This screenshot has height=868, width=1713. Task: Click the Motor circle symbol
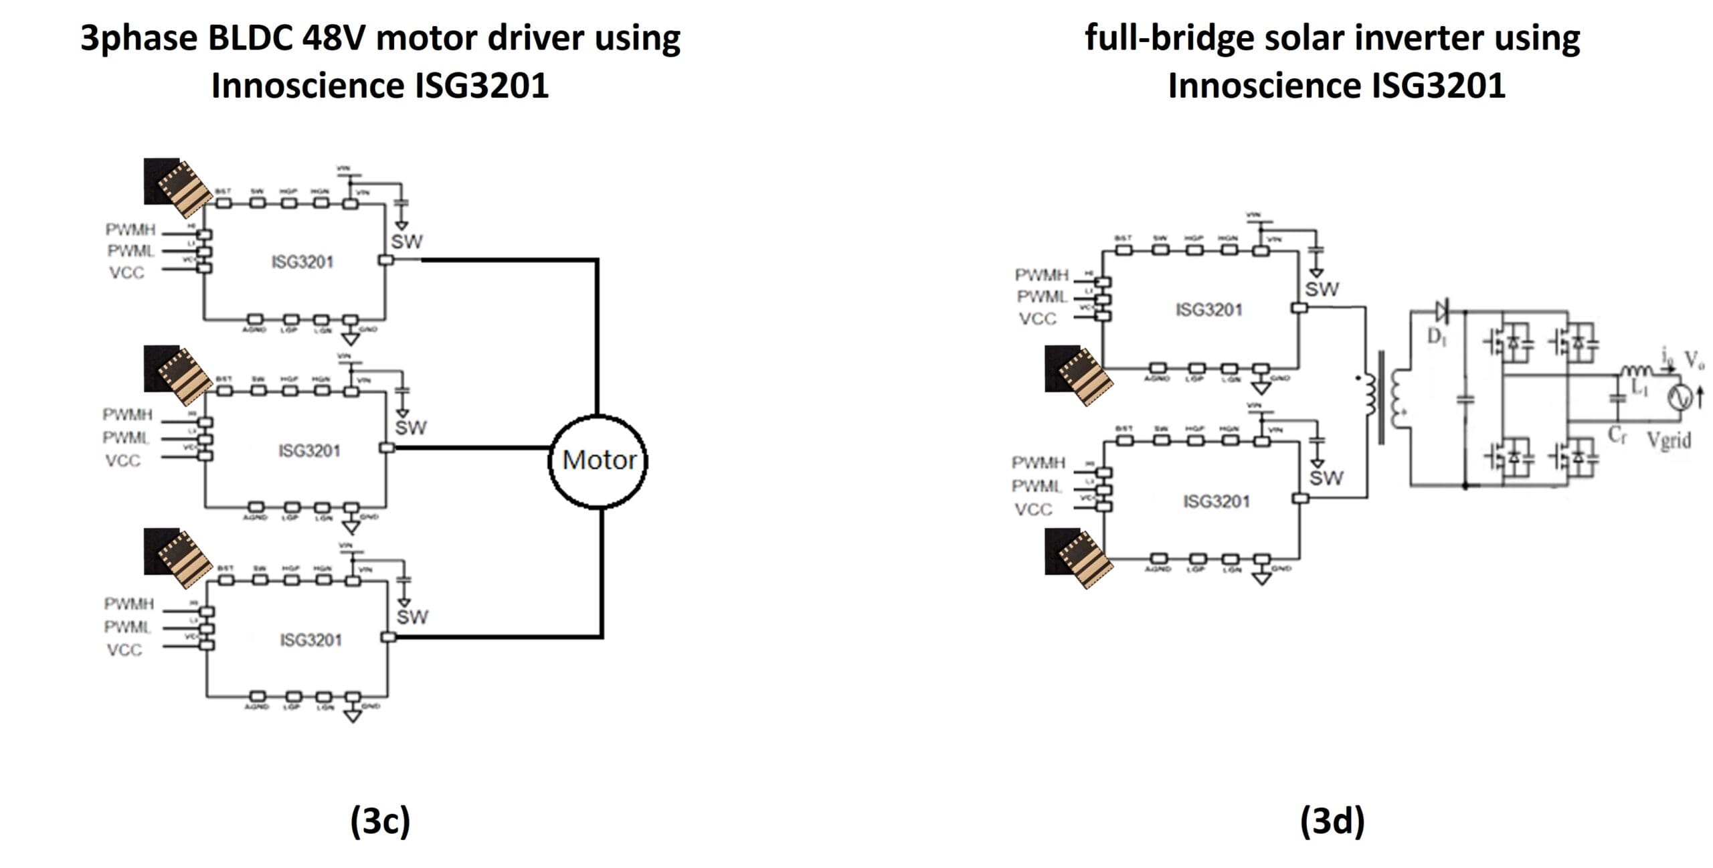598,460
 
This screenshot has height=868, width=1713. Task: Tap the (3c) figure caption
380,820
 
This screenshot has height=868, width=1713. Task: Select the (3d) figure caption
1332,820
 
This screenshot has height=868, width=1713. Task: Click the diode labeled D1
1441,311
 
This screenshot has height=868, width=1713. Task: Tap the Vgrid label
1669,440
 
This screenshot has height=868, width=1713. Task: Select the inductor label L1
1639,387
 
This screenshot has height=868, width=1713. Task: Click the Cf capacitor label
1617,435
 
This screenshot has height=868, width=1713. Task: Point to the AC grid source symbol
1680,398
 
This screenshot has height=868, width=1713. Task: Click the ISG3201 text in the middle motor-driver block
309,451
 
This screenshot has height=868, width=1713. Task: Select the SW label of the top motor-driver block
406,242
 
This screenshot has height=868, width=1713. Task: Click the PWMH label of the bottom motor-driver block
129,604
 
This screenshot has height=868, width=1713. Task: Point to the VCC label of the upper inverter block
1037,319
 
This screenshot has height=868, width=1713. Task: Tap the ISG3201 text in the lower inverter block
1216,502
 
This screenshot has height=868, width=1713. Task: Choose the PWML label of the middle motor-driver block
126,438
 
